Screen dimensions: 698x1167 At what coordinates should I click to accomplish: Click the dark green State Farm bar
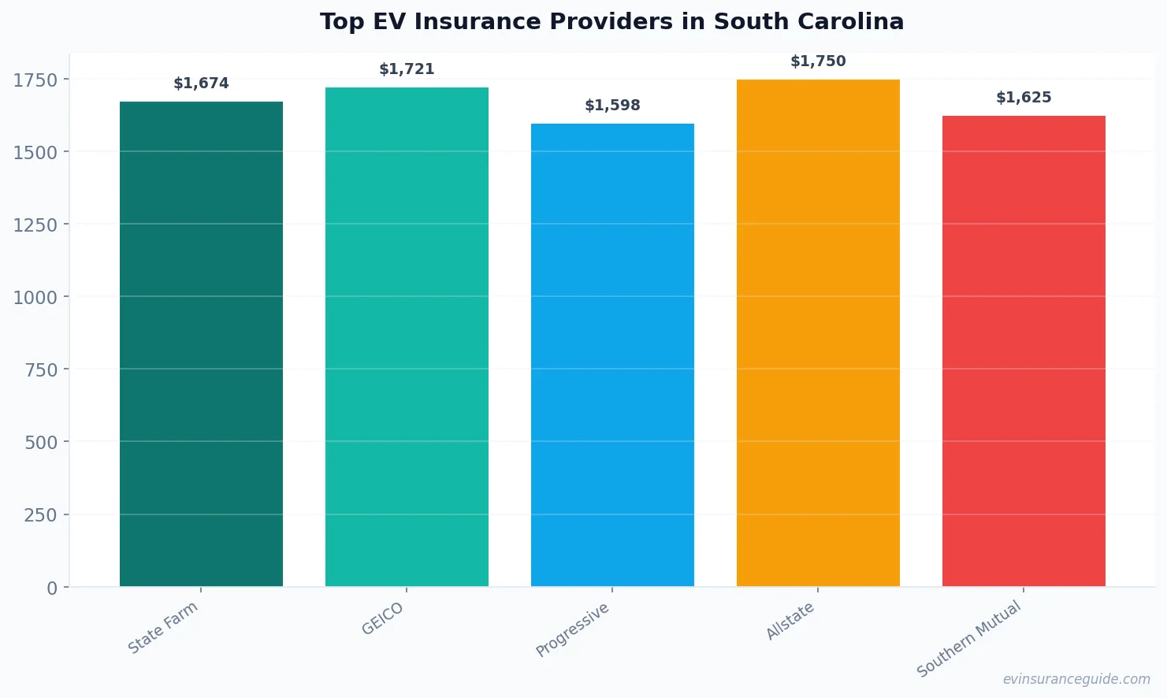coord(201,344)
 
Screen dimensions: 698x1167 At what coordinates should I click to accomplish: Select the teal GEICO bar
coord(407,337)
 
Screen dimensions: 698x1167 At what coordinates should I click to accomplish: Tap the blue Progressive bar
coord(612,355)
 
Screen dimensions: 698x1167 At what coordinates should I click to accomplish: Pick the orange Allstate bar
coord(818,333)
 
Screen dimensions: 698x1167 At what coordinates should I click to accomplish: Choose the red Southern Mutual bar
coord(1024,351)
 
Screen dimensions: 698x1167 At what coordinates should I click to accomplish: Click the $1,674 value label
coord(201,84)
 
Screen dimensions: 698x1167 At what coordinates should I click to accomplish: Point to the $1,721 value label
coord(407,69)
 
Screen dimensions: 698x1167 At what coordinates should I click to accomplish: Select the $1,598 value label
coord(612,106)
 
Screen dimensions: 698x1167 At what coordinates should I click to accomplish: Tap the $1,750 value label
coord(818,61)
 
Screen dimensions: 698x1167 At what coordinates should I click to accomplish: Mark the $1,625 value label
coord(1024,98)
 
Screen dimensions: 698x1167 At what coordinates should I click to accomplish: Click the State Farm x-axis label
coord(163,627)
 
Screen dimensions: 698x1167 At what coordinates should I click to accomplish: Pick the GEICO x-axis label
coord(382,619)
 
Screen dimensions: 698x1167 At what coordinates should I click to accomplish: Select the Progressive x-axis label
coord(573,629)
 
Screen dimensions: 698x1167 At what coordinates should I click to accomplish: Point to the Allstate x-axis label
coord(790,621)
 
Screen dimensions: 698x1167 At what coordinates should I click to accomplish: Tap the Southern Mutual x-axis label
coord(969,638)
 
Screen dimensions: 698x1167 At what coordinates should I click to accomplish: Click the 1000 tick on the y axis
coord(35,297)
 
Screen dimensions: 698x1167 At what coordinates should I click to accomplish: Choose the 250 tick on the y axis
coord(41,515)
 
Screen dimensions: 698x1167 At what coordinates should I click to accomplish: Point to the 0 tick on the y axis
coord(52,588)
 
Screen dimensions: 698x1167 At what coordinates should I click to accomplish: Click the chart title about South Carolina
coord(611,22)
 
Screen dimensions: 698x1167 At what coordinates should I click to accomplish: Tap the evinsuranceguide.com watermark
coord(1076,679)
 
